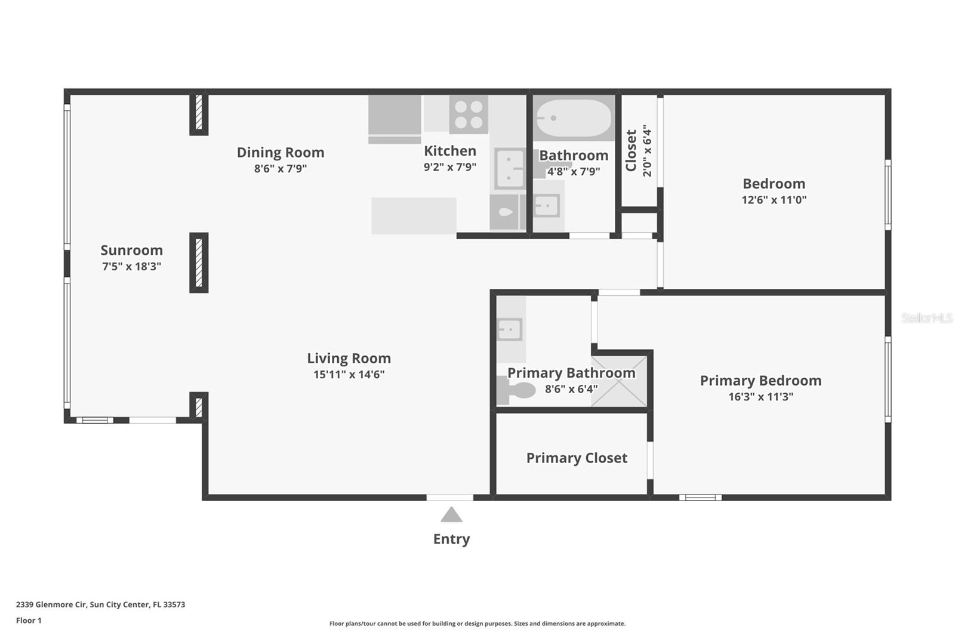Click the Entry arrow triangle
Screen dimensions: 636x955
451,515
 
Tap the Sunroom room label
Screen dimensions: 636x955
131,250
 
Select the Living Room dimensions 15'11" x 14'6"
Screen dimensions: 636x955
349,375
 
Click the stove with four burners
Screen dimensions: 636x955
469,115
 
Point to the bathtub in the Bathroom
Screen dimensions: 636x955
573,118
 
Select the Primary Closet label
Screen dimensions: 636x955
577,458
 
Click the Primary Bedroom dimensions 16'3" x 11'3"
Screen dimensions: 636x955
760,397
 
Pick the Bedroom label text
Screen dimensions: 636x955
774,184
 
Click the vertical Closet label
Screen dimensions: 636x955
631,150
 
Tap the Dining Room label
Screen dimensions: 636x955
281,152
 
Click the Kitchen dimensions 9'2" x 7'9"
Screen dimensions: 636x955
449,167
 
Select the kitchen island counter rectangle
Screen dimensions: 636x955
414,216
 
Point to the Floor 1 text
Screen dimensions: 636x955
29,620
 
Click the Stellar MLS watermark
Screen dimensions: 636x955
926,318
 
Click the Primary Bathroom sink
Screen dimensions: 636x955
510,329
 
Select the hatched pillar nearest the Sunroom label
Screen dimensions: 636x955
199,263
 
